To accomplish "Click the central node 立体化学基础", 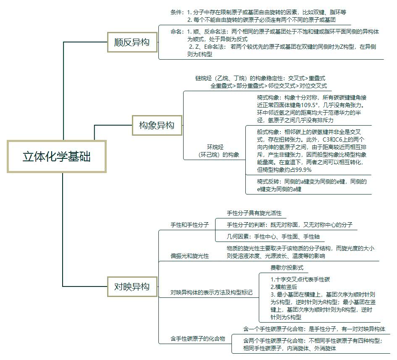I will coord(57,157).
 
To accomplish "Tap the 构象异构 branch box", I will coord(157,125).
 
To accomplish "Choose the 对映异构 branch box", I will coord(132,287).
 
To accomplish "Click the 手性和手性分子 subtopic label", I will coord(189,225).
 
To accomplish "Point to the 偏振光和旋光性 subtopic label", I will coord(189,256).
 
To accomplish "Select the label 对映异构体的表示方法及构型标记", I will coord(212,292).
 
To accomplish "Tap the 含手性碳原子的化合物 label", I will coord(198,338).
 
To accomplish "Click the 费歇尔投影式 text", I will coord(287,268).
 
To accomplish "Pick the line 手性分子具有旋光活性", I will coord(254,213).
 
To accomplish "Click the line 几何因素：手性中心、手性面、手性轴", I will coord(273,236).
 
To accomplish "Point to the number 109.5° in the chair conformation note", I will coord(315,105).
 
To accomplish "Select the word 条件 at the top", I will coord(177,12).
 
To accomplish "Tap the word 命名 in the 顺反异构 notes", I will coord(177,32).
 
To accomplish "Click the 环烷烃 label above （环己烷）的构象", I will coord(215,147).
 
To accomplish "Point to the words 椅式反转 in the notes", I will coord(268,182).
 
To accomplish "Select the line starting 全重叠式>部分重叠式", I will coord(268,86).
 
